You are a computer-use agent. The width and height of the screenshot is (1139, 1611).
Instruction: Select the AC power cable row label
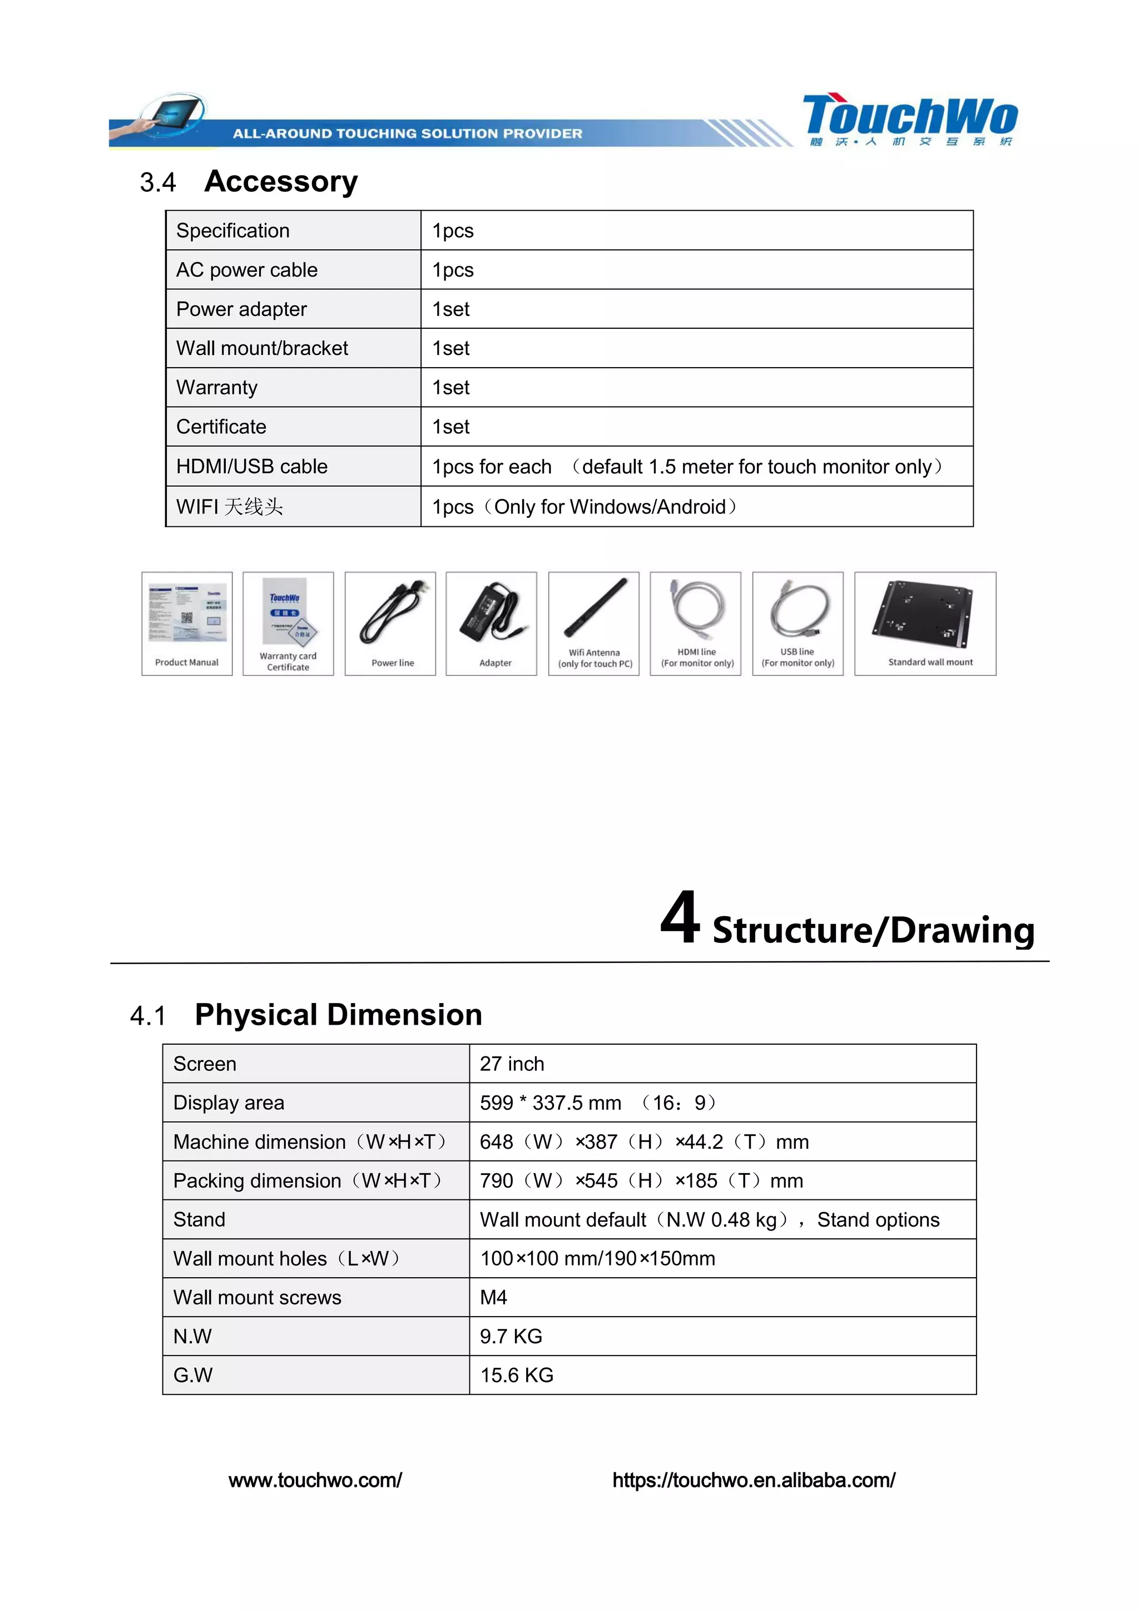(247, 270)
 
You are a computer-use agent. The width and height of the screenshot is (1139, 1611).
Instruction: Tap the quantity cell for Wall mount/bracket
(451, 349)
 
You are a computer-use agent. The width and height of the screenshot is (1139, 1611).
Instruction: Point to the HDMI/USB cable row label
(252, 467)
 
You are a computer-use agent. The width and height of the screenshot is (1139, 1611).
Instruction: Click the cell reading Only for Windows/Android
(584, 507)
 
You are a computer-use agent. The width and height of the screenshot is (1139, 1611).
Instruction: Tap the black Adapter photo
(492, 611)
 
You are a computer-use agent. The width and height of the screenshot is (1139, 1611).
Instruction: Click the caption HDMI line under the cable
(696, 652)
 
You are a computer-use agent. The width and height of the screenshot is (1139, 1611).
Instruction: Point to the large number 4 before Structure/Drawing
(680, 918)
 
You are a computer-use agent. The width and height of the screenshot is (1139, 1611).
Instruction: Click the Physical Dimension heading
(338, 1015)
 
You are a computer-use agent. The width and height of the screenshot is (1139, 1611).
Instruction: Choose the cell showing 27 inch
(512, 1064)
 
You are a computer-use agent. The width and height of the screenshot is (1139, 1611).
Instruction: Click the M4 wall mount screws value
(493, 1297)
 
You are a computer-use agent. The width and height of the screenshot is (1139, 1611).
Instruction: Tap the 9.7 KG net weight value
(511, 1337)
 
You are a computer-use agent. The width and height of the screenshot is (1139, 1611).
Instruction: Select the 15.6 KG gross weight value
(516, 1375)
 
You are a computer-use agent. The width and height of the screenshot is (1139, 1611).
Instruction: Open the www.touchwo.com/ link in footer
(315, 1480)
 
